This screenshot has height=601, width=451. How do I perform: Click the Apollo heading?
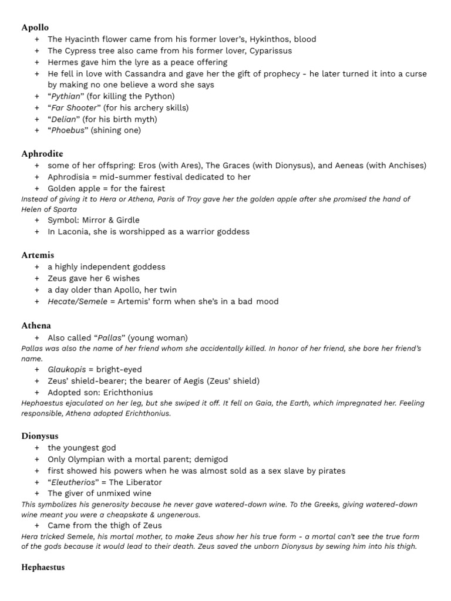tap(35, 27)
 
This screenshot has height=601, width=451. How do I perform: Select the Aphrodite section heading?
tap(42, 154)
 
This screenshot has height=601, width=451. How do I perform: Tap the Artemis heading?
tap(38, 255)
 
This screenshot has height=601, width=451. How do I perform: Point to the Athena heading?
tap(36, 325)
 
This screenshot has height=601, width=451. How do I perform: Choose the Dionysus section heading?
tap(40, 436)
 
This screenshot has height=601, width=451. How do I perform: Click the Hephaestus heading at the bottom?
tap(43, 567)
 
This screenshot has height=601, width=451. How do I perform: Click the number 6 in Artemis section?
tap(108, 278)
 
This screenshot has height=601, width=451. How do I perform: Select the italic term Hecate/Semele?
tap(78, 302)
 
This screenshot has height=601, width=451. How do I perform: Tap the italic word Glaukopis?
tap(67, 369)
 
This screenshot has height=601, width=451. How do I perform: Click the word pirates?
tap(329, 471)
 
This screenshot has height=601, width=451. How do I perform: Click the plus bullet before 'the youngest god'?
tap(37, 448)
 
